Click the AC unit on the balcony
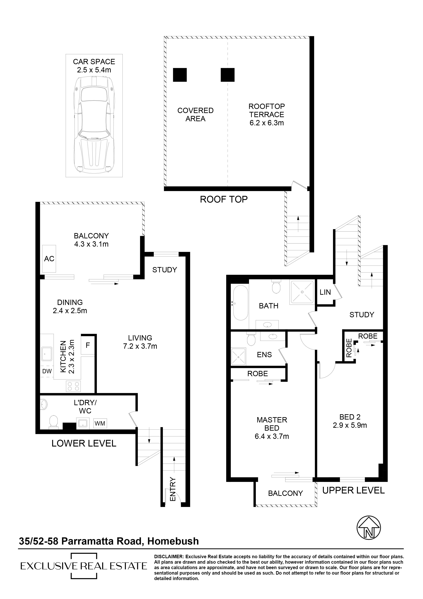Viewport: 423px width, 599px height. tap(49, 259)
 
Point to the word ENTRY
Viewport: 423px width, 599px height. tap(173, 489)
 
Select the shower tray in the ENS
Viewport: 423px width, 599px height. tap(238, 357)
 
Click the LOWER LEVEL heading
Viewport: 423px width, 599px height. tap(84, 443)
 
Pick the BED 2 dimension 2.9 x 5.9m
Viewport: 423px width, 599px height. tap(350, 425)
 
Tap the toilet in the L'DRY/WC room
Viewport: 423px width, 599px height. tap(53, 422)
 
